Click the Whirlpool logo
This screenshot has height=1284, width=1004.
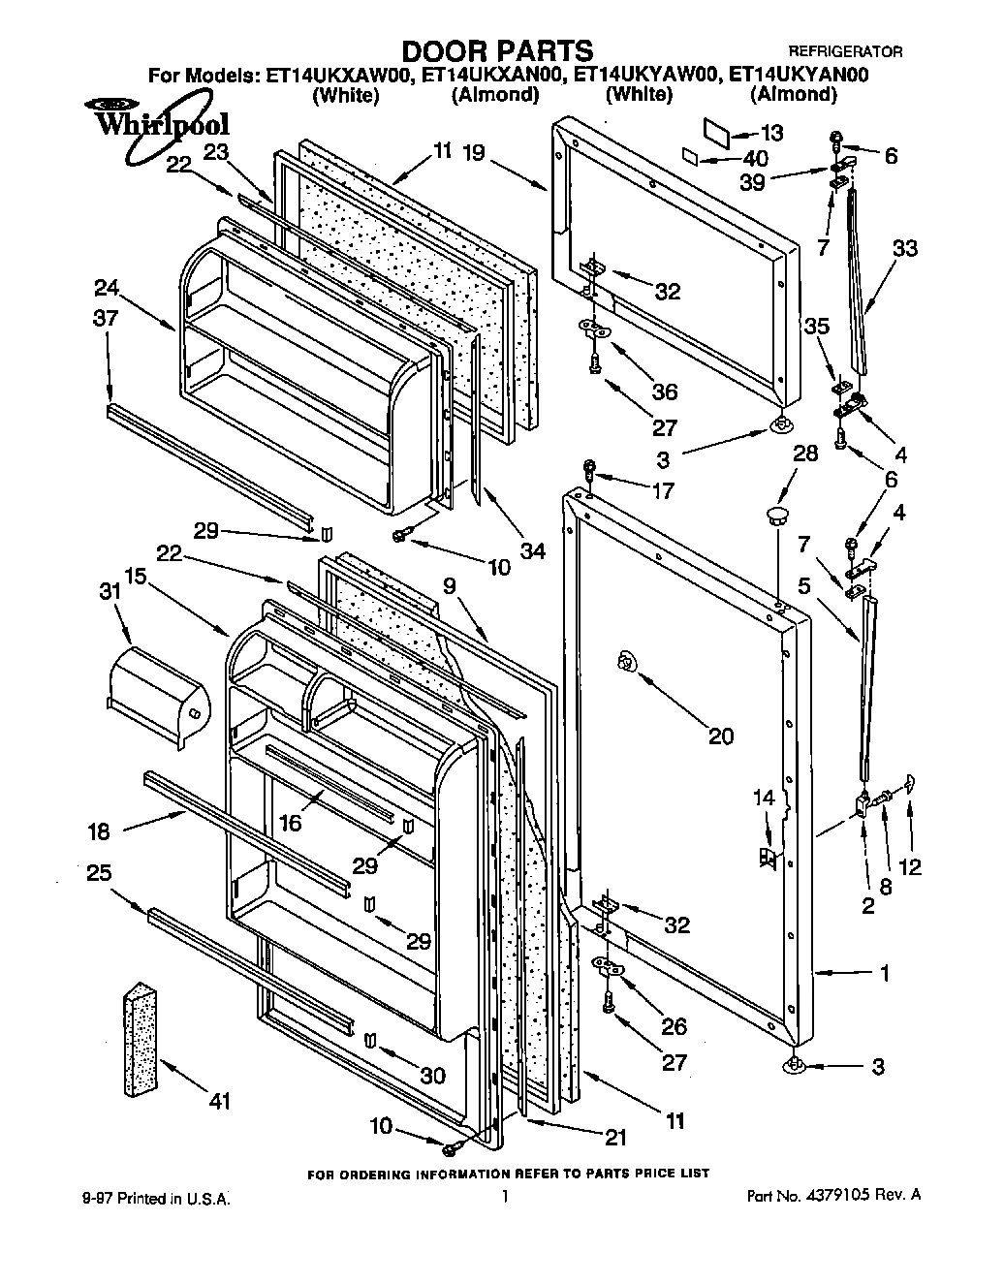pyautogui.click(x=161, y=123)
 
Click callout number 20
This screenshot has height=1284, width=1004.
pyautogui.click(x=720, y=736)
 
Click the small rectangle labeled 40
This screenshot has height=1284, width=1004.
pyautogui.click(x=689, y=156)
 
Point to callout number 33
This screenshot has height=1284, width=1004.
pyautogui.click(x=904, y=248)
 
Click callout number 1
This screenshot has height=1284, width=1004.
pyautogui.click(x=884, y=974)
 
